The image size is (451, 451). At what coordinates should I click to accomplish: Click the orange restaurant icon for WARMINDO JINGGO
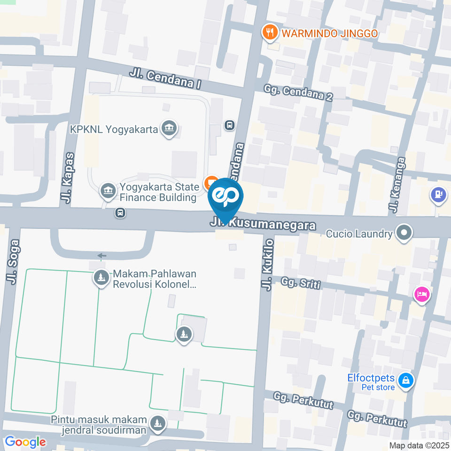point(269,32)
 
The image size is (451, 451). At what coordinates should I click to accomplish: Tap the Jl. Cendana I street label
point(165,78)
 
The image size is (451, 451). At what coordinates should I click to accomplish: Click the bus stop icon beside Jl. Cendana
point(230,125)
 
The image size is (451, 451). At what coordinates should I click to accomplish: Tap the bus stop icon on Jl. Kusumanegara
point(120,213)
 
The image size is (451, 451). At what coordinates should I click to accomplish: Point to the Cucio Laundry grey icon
point(404,232)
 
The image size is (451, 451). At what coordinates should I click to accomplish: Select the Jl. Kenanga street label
point(394,183)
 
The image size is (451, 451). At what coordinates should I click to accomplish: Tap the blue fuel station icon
point(438,194)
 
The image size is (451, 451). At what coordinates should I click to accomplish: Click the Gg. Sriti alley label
point(300,283)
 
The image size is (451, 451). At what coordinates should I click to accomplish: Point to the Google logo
point(25,442)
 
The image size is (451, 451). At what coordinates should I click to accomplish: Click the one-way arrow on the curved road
point(101,256)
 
